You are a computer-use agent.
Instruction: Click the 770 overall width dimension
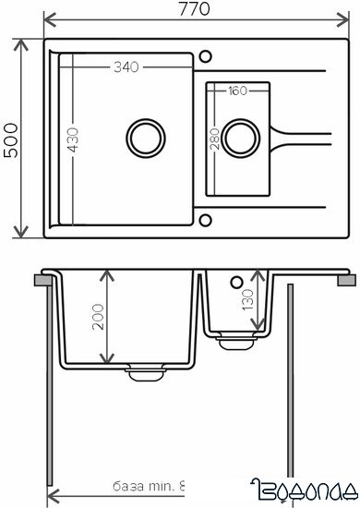point(195,9)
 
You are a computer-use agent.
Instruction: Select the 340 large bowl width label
point(128,67)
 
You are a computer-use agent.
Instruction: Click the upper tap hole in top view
point(204,53)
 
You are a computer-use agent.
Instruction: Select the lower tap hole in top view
point(204,220)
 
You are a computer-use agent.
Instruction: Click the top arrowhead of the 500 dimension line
point(23,42)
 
